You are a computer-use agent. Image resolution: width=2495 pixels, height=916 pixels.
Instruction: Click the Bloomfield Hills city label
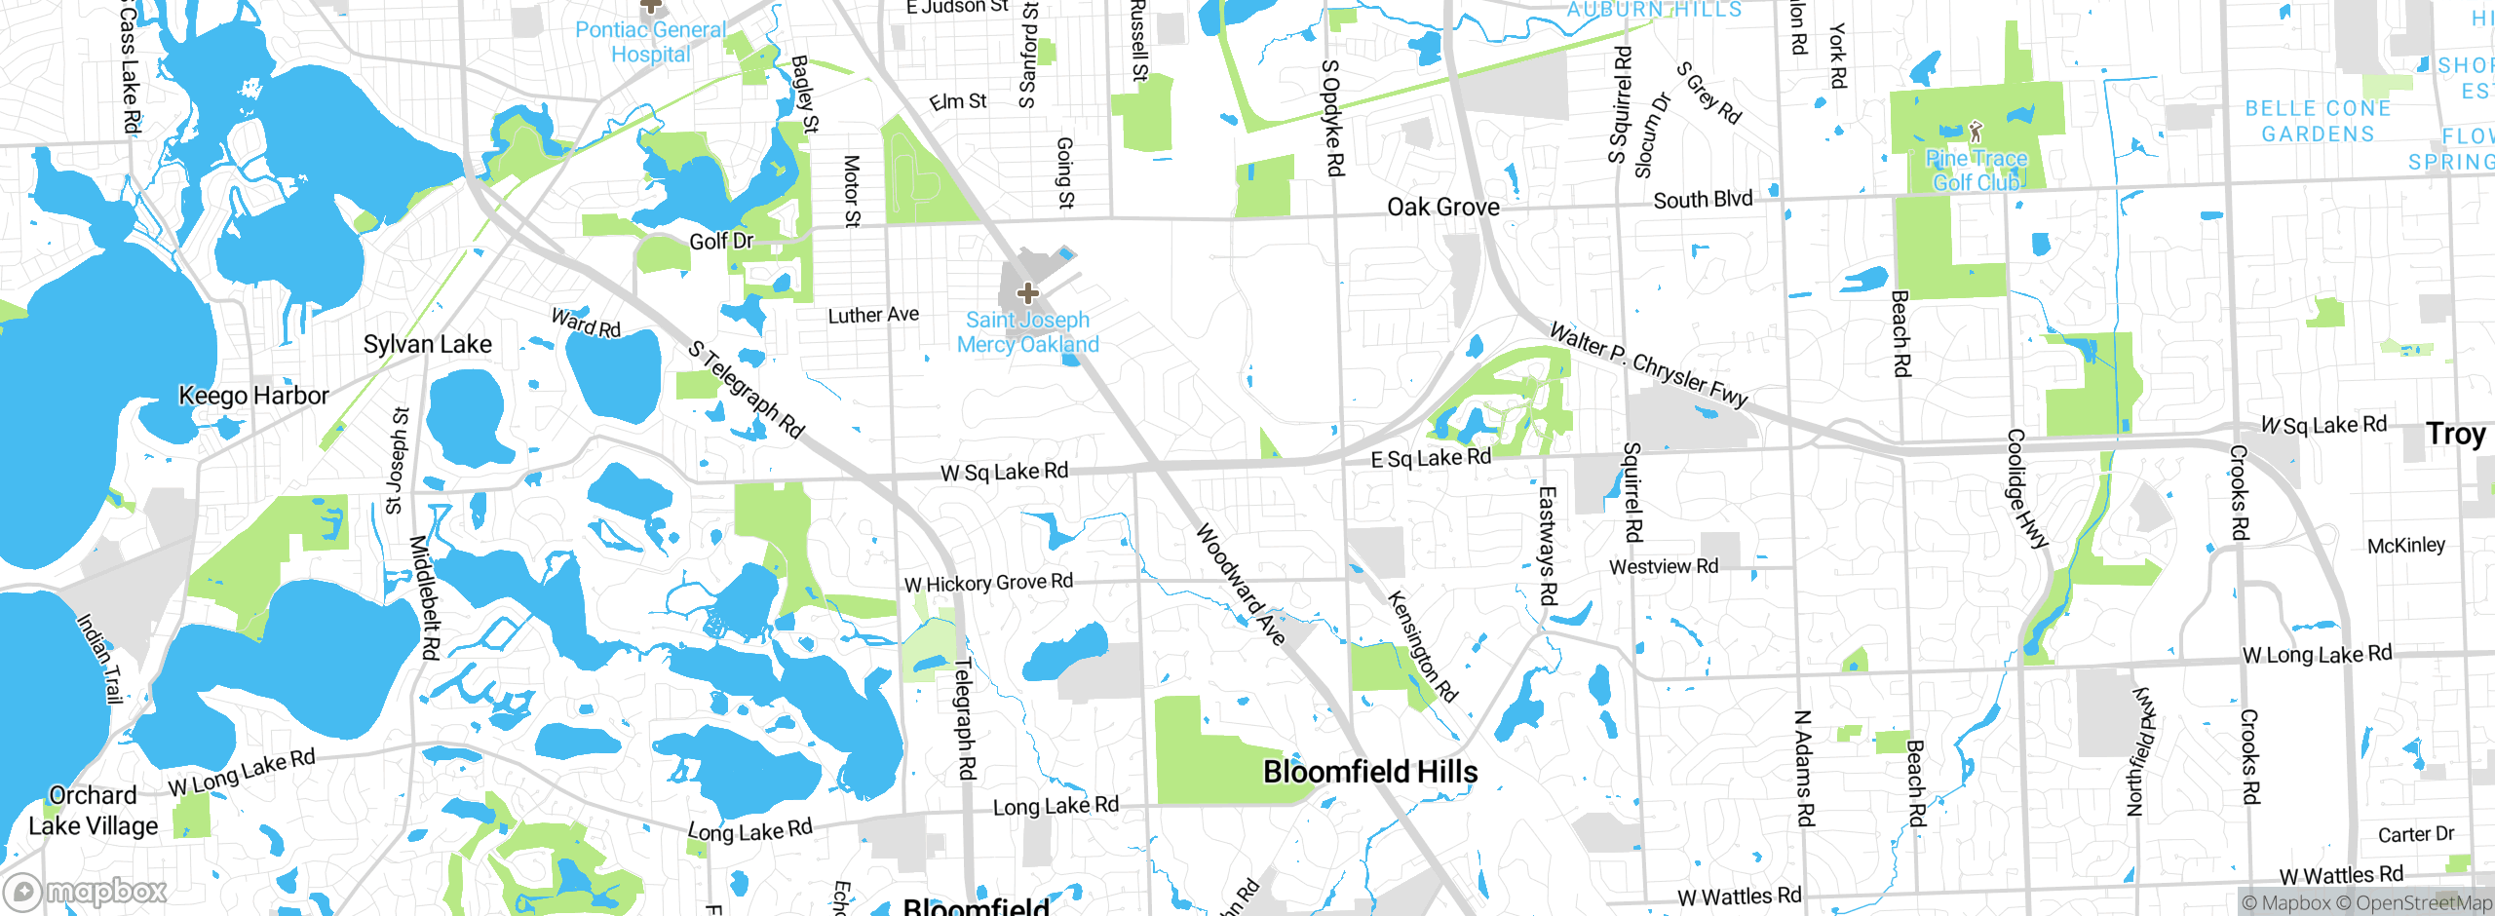point(1369,772)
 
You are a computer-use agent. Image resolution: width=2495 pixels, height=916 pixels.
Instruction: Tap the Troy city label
point(2455,434)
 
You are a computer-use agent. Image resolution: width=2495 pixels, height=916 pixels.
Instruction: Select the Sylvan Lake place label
point(427,344)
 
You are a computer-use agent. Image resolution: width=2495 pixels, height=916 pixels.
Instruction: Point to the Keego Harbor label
point(253,396)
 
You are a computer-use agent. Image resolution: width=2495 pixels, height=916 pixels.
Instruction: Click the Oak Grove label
point(1442,207)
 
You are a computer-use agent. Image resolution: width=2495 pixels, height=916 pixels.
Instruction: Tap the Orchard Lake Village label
point(93,811)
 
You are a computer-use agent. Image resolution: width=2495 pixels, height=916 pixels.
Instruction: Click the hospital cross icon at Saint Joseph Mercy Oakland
point(1027,292)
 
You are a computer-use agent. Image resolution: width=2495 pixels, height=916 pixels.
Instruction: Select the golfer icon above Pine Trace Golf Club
point(1976,131)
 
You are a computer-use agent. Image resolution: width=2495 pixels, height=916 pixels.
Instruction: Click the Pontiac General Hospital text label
point(650,42)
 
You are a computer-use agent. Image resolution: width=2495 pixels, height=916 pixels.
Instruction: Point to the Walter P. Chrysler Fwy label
point(1648,365)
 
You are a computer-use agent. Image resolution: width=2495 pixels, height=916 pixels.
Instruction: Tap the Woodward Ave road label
point(1241,584)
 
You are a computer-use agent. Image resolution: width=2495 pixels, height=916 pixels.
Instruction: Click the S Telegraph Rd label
point(746,389)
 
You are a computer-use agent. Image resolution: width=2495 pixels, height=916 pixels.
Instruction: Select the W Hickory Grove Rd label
point(988,583)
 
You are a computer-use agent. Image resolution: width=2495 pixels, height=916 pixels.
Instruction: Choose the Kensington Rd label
point(1422,646)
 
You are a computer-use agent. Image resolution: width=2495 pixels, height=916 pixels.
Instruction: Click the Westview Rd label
point(1663,566)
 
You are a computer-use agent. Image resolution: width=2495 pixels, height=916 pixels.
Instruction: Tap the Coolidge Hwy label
point(2026,489)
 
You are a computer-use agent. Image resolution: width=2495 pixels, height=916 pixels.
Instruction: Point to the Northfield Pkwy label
point(2140,750)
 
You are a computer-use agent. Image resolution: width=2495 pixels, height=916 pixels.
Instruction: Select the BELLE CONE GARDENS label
point(2318,121)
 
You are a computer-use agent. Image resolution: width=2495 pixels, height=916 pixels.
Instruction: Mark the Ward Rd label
point(586,323)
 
